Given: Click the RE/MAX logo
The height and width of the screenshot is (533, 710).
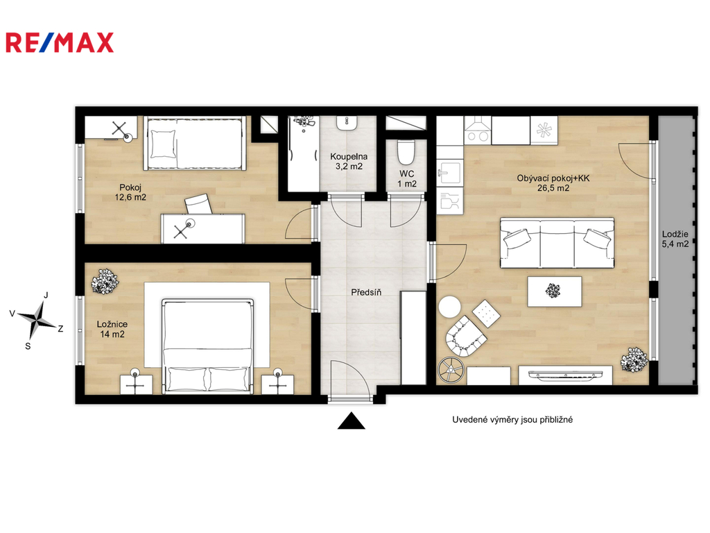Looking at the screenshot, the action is point(60,42).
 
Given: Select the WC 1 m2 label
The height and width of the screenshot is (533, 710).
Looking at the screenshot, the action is point(406,179).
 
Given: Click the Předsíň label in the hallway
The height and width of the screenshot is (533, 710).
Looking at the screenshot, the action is point(366,292).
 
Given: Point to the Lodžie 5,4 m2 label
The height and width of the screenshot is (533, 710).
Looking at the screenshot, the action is point(675,239).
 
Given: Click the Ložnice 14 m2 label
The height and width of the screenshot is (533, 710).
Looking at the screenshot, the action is point(112,329).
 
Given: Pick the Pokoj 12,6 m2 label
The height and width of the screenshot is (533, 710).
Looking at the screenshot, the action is point(130,192).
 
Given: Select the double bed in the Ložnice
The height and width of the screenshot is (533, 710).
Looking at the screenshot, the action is point(207,346).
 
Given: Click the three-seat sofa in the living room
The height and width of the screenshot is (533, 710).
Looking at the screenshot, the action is point(557,243).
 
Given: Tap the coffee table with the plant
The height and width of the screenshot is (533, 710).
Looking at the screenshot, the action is point(554,291).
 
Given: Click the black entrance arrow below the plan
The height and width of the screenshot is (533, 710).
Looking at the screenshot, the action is point(352,421).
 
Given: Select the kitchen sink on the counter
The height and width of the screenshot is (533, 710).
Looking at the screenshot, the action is point(449,173).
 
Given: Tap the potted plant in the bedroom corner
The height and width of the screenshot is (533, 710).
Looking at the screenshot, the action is point(105,281).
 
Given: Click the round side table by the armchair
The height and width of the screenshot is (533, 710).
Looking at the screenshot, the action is point(449,307).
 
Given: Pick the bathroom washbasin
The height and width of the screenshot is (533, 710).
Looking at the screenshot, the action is point(348,124).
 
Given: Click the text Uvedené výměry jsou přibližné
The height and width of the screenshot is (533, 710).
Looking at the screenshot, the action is point(512,420).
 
